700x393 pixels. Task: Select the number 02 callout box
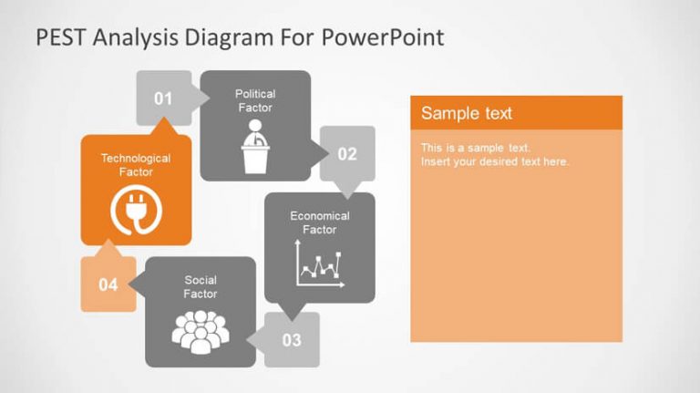(347, 154)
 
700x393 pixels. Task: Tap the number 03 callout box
(292, 340)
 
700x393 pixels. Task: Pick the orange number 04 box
(108, 284)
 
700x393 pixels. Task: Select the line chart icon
(320, 266)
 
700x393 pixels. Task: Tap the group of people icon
(200, 332)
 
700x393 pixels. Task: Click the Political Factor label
(255, 100)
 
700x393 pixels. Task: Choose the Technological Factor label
(136, 165)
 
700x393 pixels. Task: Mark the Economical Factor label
(320, 222)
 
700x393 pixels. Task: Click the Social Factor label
(201, 287)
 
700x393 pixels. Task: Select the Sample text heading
(467, 113)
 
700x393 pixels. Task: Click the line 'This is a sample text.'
(476, 147)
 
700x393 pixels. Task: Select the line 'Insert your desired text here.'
(495, 161)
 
